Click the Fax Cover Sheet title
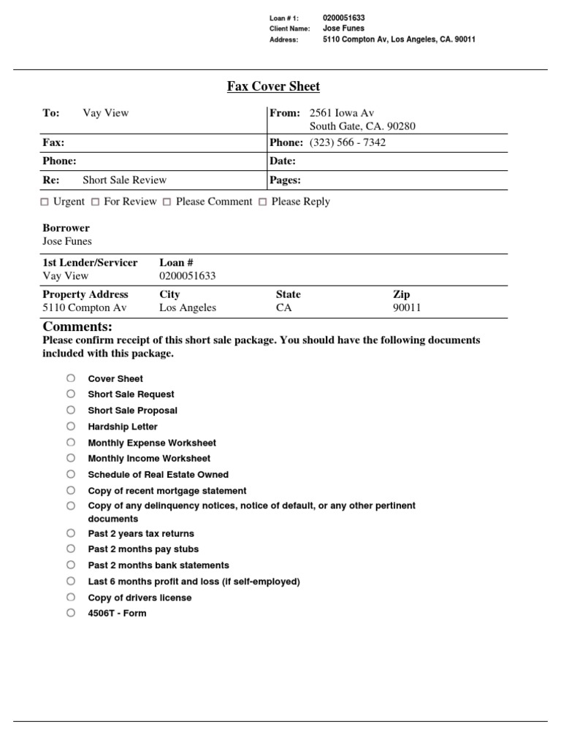[273, 86]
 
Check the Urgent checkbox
[45, 202]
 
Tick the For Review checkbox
[96, 202]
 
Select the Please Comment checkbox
[167, 202]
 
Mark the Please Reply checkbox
[262, 202]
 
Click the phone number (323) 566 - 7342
[348, 142]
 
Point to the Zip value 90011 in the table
[407, 308]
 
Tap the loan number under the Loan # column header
[187, 275]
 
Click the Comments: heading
[77, 327]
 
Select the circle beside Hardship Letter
[71, 426]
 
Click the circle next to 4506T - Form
[71, 613]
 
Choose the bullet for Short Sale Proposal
[71, 410]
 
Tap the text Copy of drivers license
[140, 598]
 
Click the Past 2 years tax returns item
[141, 533]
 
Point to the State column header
[288, 294]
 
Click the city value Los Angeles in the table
[188, 308]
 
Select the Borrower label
[66, 228]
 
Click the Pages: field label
[286, 180]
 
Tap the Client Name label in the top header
[290, 28]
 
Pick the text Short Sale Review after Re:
[124, 180]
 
